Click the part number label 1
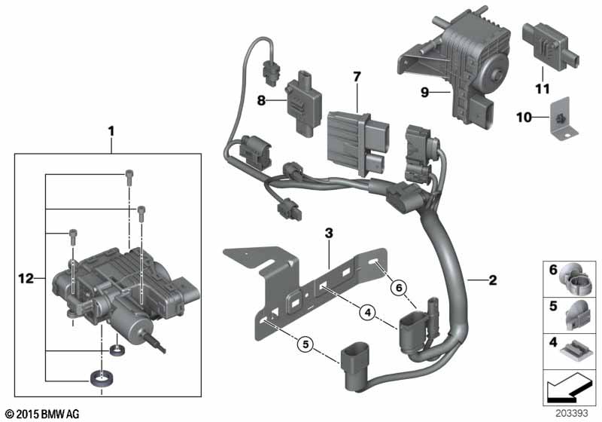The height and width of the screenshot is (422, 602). click(x=111, y=130)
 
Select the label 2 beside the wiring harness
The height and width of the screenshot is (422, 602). click(x=492, y=280)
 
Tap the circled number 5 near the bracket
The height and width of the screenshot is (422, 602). click(x=305, y=345)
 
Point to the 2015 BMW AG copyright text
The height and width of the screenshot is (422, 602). click(x=43, y=414)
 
